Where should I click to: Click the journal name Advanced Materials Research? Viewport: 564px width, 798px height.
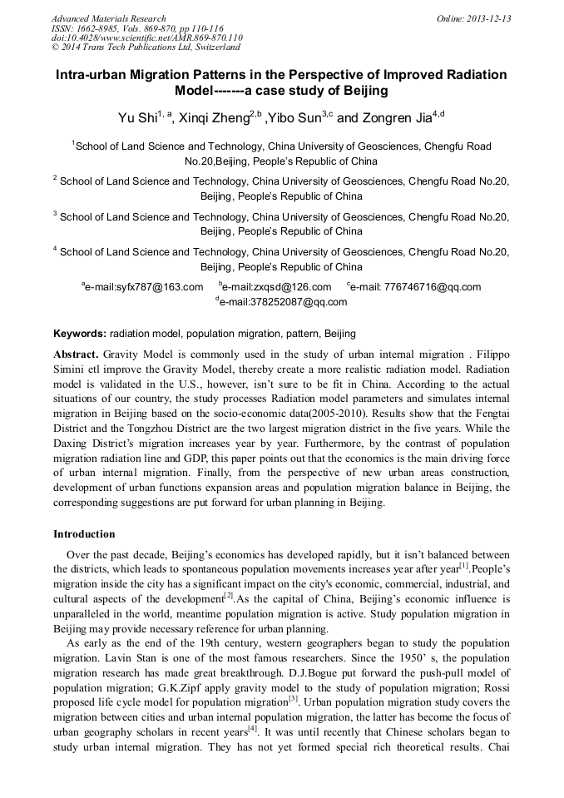[108, 18]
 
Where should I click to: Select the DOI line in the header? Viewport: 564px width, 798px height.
[146, 37]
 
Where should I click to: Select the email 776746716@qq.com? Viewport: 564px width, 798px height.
[417, 288]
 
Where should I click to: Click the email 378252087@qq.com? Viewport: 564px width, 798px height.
[283, 303]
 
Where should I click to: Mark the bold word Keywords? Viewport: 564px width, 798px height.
[80, 334]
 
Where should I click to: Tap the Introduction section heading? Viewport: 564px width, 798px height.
[84, 534]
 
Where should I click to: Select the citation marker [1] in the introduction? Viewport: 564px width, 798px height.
[465, 566]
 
